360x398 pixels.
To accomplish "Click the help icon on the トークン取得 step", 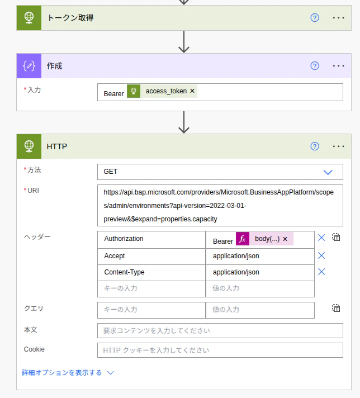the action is [x=315, y=18].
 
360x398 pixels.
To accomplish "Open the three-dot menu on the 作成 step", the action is [x=338, y=66].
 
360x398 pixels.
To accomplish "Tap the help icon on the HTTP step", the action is [x=315, y=146].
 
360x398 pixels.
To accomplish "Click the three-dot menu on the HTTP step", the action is [x=338, y=146].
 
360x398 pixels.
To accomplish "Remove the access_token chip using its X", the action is [x=192, y=91].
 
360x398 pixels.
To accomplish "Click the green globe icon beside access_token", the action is [x=134, y=91].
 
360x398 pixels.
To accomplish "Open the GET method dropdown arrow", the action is [x=328, y=172].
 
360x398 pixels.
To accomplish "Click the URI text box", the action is [x=220, y=205].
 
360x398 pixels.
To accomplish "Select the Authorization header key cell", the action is [x=151, y=239].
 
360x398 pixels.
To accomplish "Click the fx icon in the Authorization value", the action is [x=243, y=239].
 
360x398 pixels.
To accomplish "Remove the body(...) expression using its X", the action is [x=285, y=239].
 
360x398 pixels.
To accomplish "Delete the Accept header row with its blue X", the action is [x=321, y=255].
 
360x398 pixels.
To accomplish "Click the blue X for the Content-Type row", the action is [x=321, y=272].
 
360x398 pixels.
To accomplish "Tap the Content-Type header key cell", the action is [x=151, y=273].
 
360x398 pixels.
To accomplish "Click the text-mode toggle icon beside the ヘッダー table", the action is [x=336, y=237].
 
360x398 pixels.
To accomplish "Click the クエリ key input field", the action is [x=151, y=310].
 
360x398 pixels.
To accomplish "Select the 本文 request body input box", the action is [x=220, y=330].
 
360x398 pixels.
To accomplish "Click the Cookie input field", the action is [x=220, y=350].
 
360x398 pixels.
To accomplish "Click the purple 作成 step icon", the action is [x=29, y=66].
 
